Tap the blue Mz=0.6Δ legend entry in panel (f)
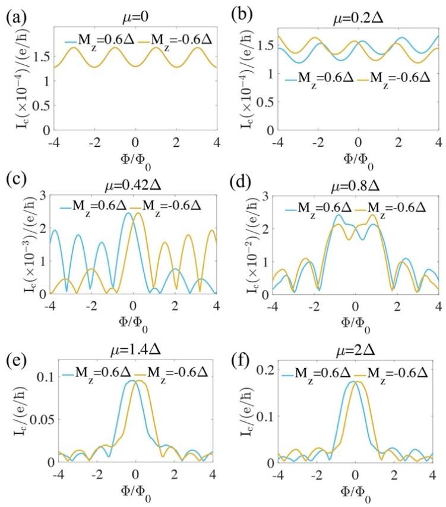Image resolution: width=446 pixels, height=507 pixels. point(321,374)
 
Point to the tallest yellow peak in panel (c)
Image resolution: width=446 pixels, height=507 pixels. point(138,213)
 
